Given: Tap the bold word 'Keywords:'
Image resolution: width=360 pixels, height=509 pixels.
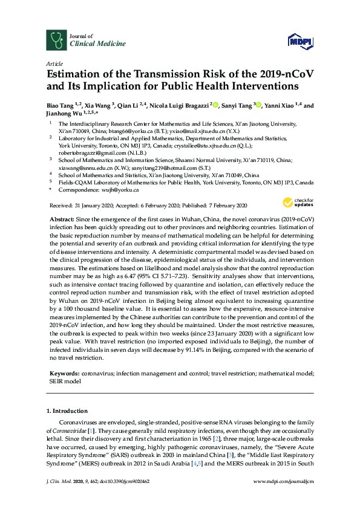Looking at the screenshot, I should (x=64, y=374).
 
